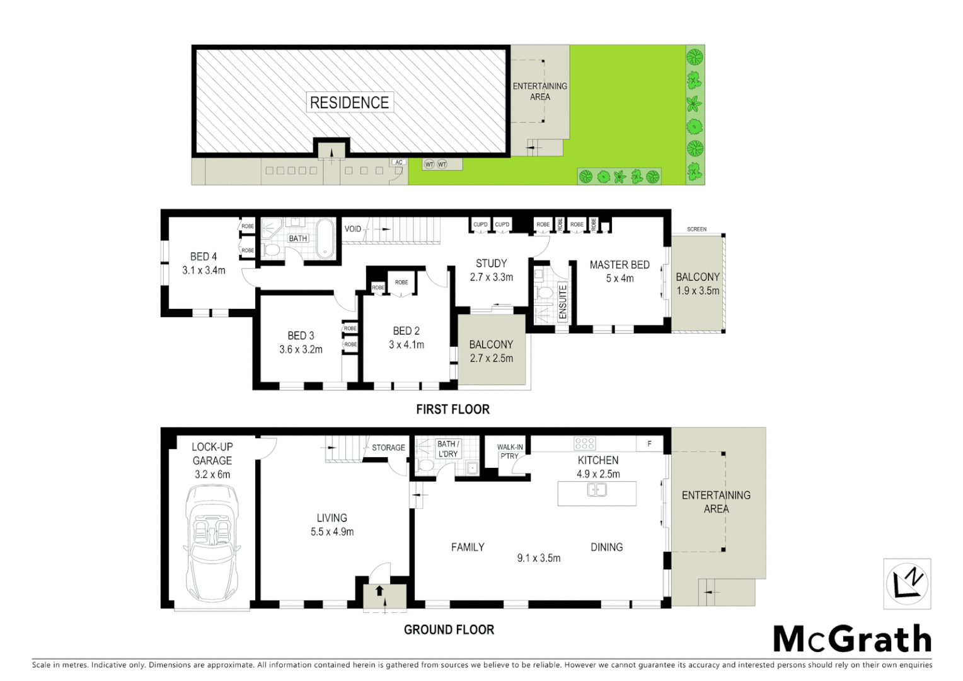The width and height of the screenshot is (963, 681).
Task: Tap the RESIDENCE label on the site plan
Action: (x=349, y=103)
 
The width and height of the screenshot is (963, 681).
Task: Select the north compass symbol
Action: (x=907, y=583)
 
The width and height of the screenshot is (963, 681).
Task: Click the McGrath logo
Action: (x=852, y=639)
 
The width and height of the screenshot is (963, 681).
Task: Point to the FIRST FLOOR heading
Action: (x=453, y=409)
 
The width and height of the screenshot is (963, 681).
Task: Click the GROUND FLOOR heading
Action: (x=449, y=629)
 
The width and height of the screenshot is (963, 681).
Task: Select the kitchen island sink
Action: (x=596, y=489)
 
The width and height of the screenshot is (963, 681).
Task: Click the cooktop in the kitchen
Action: (x=584, y=443)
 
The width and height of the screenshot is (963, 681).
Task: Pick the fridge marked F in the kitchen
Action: (x=649, y=444)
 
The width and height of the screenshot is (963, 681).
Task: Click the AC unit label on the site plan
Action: (x=398, y=163)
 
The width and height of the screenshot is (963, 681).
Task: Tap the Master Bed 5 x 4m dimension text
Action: (x=620, y=278)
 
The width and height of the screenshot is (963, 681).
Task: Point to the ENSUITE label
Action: (x=563, y=301)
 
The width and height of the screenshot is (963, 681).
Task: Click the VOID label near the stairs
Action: (x=353, y=229)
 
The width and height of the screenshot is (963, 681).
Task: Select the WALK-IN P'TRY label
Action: (x=510, y=451)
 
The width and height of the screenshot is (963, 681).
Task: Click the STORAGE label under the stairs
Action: (x=388, y=448)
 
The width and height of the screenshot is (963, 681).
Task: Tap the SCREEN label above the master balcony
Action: (x=696, y=230)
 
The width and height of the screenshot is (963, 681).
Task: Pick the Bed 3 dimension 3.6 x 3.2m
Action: (x=301, y=349)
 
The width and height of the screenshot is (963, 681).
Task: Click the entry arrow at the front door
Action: (x=379, y=591)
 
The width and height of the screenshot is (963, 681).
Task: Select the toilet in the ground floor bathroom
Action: (x=425, y=466)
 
